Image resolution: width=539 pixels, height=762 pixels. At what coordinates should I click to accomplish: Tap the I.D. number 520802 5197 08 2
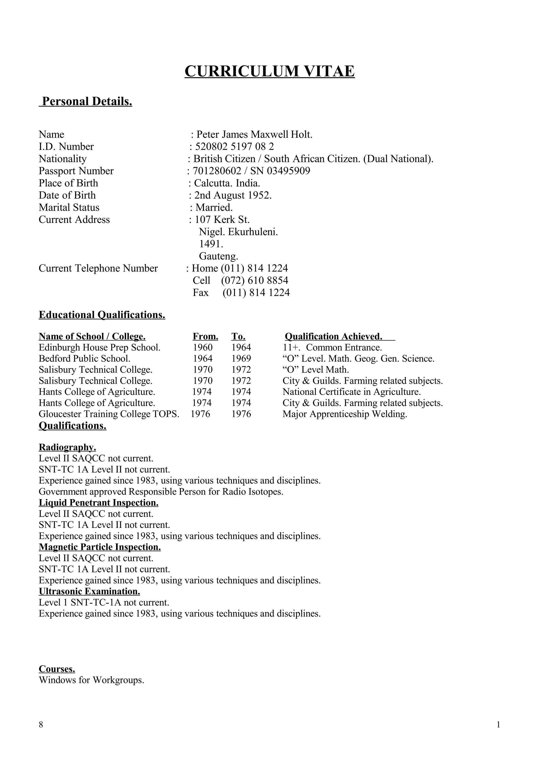[x=234, y=146]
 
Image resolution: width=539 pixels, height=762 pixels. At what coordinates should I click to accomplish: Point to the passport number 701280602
[x=217, y=171]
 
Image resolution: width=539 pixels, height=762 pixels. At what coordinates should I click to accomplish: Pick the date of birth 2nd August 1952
[x=233, y=195]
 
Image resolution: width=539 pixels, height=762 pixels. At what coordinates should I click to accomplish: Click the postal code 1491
[x=211, y=244]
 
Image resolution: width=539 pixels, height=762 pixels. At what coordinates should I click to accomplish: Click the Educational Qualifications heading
[x=102, y=315]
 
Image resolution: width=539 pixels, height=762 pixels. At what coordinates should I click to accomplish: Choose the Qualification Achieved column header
[x=333, y=337]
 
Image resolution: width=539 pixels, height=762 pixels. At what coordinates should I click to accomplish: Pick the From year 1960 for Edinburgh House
[x=203, y=348]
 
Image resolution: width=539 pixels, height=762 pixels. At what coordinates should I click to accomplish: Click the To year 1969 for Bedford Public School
[x=241, y=359]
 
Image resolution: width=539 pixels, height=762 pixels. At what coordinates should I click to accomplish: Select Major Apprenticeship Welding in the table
[x=345, y=414]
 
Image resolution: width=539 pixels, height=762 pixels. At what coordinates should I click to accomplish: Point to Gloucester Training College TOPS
[x=109, y=414]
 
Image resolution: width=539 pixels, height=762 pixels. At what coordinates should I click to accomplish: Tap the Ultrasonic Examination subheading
[x=89, y=591]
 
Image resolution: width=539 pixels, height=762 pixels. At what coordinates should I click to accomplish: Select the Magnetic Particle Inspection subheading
[x=100, y=547]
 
